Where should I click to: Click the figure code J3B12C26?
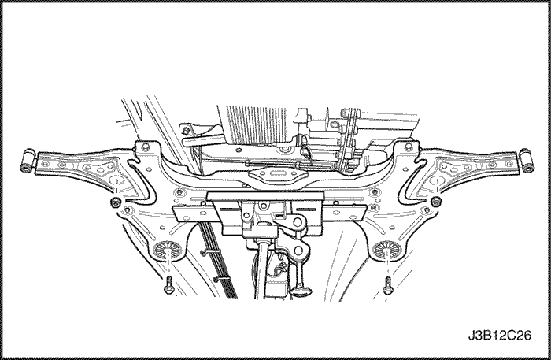(x=500, y=336)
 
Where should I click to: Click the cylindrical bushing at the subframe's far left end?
(x=28, y=161)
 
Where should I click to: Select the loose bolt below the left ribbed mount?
(x=167, y=285)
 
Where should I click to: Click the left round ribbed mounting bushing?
(x=167, y=250)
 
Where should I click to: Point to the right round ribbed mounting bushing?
(x=387, y=250)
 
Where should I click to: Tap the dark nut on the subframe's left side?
(x=115, y=202)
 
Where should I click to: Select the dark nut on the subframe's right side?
(x=436, y=202)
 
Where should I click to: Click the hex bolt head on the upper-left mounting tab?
(x=145, y=147)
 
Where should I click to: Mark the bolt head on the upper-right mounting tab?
(x=408, y=147)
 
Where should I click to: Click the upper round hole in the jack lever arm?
(x=298, y=222)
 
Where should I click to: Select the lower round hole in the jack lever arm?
(x=298, y=251)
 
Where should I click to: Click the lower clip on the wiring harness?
(x=220, y=279)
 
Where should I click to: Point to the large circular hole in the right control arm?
(x=437, y=181)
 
